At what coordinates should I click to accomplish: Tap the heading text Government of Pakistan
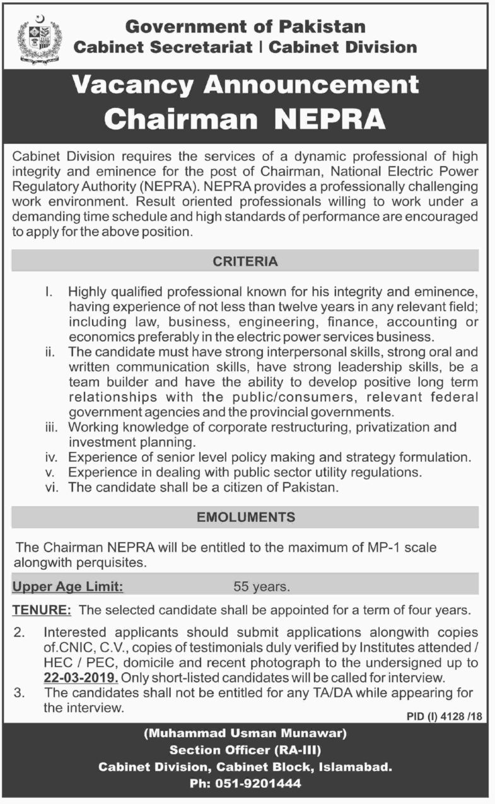pos(245,27)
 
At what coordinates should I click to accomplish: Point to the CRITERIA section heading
pos(245,261)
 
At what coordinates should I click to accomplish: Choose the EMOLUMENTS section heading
pos(245,517)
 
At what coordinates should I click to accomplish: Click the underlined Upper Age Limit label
pos(68,586)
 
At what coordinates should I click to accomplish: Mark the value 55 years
pos(262,587)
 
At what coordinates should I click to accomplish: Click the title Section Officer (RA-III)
pos(245,750)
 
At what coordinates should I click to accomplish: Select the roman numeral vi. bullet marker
pos(52,487)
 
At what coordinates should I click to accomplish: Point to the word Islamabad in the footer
pos(358,767)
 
